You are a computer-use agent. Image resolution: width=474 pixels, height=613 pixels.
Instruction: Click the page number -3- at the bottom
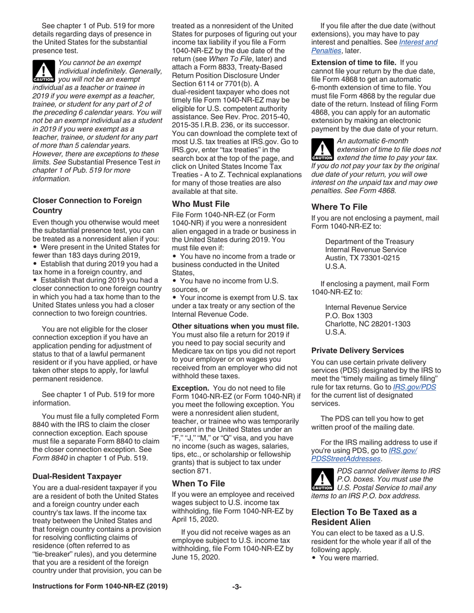(x=237, y=601)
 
